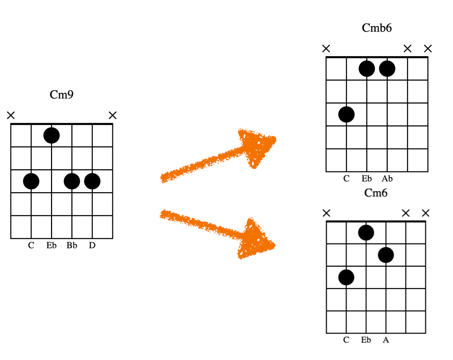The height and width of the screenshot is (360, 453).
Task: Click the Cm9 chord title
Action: pos(62,94)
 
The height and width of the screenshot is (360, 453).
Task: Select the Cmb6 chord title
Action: pos(376,28)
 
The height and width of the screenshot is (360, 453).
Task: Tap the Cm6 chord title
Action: pos(375,193)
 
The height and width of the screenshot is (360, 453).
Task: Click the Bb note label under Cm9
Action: pos(72,245)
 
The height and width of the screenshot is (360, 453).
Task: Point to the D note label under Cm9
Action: pos(92,245)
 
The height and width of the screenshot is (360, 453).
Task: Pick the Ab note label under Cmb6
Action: pos(387,178)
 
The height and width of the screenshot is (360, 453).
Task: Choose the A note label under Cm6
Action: pos(386,340)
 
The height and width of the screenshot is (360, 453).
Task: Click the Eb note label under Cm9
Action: pos(52,245)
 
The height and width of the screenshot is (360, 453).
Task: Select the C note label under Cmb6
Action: pos(346,178)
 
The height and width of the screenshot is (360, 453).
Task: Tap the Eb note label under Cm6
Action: pos(366,340)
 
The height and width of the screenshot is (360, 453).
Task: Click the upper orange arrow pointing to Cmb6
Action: pos(218,156)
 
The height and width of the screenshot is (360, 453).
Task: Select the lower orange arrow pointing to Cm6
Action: pos(217,234)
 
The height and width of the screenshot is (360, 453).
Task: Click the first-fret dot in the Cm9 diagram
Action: pos(52,136)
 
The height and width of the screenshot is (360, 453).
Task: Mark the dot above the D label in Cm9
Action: pos(92,182)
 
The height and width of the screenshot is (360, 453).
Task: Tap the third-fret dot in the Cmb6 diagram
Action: pos(346,114)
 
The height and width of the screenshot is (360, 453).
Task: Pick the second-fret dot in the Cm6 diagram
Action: pos(386,255)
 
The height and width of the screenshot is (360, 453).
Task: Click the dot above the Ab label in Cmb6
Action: pos(387,69)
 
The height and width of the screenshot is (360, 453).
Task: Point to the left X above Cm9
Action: pos(11,115)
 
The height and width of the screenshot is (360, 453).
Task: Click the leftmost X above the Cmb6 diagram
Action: pos(326,48)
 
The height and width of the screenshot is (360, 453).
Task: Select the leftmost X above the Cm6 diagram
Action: pos(326,213)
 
